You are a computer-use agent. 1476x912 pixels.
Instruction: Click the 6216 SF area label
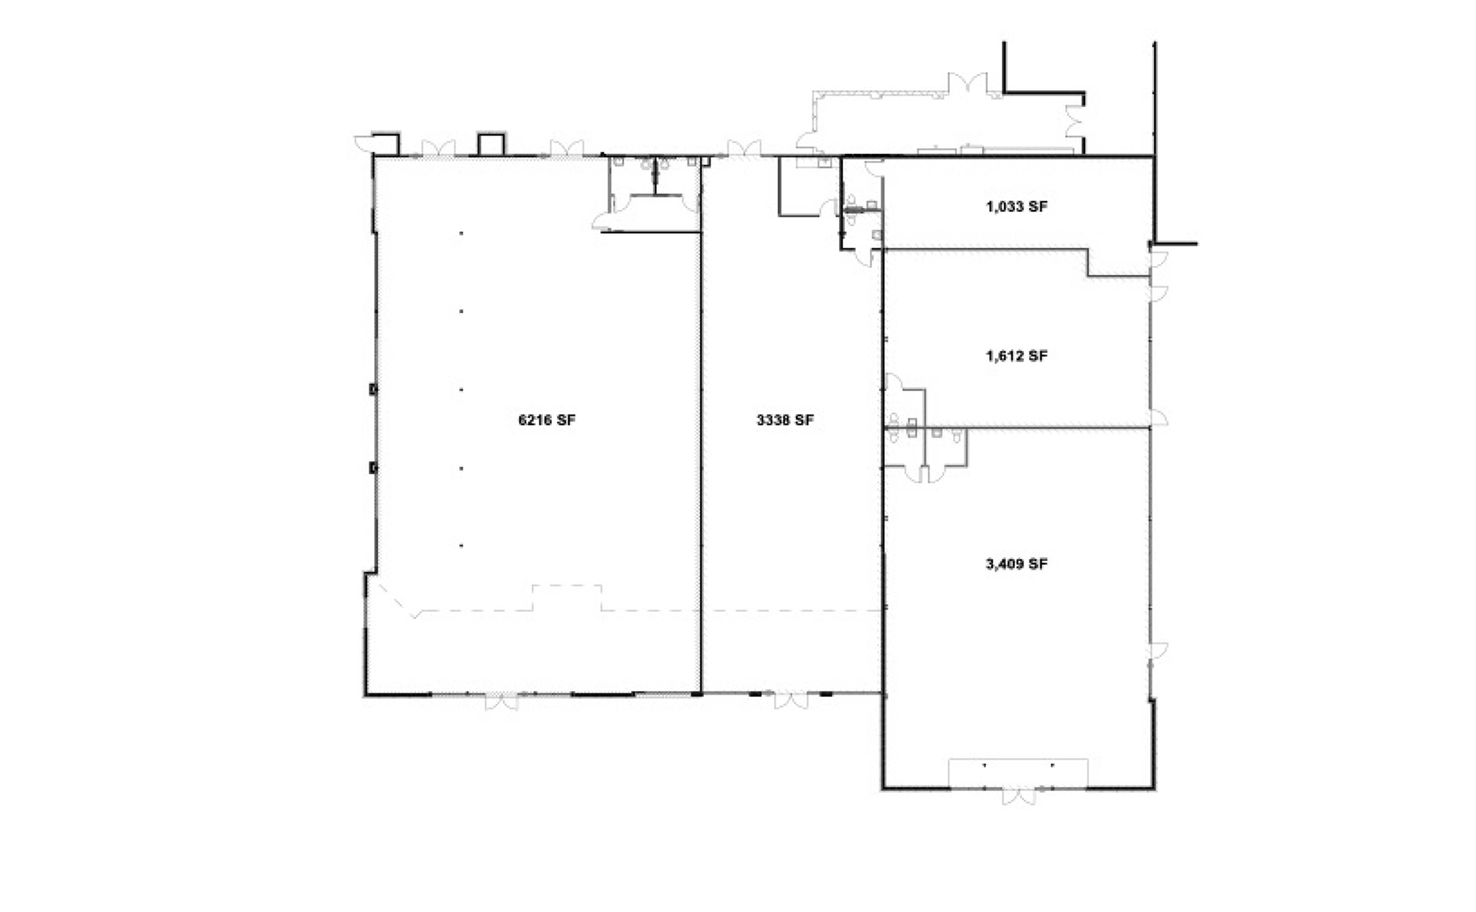547,420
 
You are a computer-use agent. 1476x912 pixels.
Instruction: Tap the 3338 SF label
785,420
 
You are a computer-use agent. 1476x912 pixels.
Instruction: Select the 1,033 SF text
1016,207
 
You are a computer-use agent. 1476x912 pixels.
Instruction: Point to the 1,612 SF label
1016,356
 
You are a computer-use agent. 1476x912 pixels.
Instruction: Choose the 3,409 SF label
1016,564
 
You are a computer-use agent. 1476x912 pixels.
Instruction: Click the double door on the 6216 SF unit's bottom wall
501,701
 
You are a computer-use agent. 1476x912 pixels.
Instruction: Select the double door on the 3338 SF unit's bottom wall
791,701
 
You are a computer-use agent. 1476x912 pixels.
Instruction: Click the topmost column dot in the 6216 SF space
461,233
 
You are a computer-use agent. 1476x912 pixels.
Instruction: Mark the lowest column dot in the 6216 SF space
461,546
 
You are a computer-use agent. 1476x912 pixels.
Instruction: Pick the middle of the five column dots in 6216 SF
461,390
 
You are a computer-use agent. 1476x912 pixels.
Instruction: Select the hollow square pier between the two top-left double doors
491,144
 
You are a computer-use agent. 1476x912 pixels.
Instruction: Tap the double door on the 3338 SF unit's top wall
744,148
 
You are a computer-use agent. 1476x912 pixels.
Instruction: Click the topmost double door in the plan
968,83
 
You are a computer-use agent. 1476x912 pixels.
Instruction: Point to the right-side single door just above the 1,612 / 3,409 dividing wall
1158,417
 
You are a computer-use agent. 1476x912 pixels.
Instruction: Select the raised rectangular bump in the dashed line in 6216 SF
567,597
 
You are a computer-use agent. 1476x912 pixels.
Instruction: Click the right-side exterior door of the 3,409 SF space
1158,652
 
